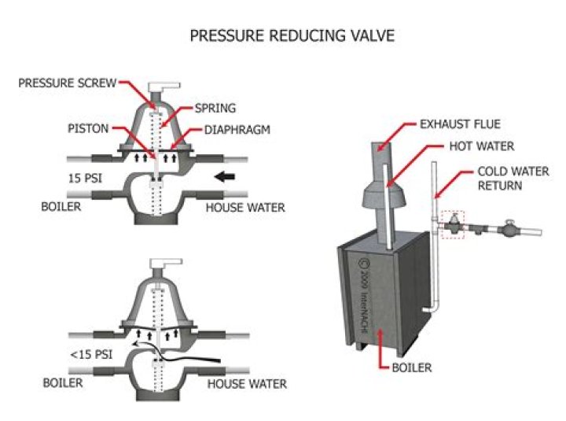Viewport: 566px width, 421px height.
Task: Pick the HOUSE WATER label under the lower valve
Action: [246, 384]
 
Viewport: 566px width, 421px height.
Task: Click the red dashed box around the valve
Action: [454, 223]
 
